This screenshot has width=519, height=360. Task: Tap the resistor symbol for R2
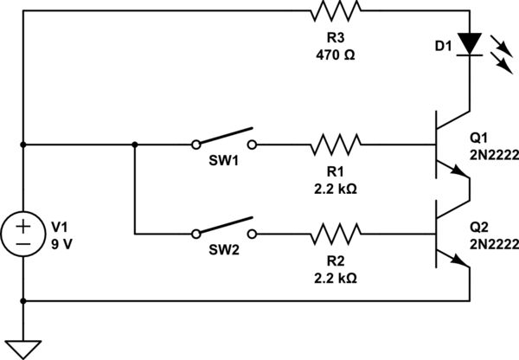click(336, 233)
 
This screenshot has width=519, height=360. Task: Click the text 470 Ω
click(336, 54)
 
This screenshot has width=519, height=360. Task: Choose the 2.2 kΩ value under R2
click(336, 278)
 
